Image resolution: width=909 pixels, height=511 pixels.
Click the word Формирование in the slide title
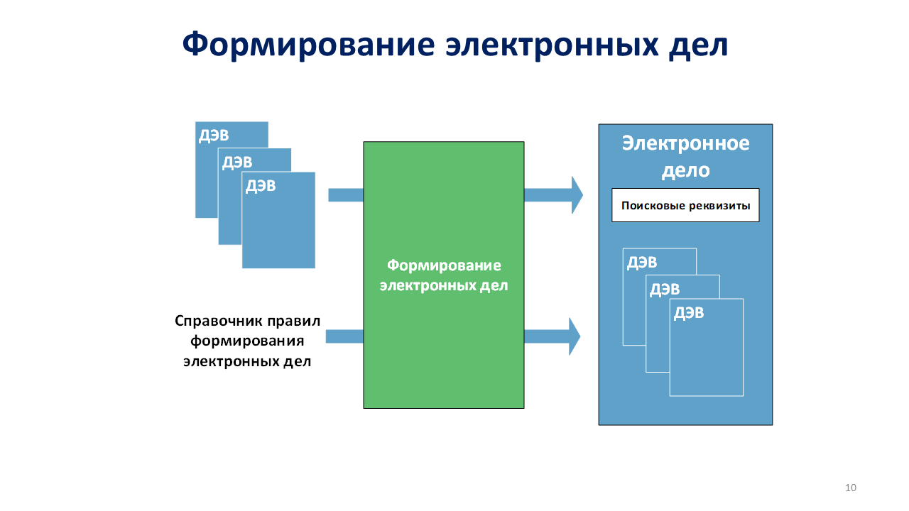coord(307,45)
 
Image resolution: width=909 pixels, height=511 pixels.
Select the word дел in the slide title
coord(700,45)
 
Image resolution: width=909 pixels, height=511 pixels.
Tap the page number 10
coord(851,487)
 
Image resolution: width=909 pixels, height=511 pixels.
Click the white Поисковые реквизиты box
coord(685,206)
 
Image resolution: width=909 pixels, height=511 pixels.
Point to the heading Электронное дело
coord(685,156)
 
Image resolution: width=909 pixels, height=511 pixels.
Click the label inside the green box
coord(444,275)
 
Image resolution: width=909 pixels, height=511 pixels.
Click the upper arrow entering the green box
coord(346,194)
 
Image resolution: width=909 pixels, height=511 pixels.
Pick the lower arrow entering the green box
coord(344,336)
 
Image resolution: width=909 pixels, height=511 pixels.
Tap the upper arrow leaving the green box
coord(553,194)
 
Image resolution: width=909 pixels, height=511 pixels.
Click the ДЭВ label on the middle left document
coord(237,163)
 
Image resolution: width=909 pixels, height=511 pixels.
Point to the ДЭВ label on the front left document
coord(261,187)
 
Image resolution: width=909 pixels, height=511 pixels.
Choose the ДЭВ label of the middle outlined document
coord(665,289)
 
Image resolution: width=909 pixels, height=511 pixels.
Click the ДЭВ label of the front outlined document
coord(689,313)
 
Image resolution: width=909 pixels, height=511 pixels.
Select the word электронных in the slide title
coord(551,45)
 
